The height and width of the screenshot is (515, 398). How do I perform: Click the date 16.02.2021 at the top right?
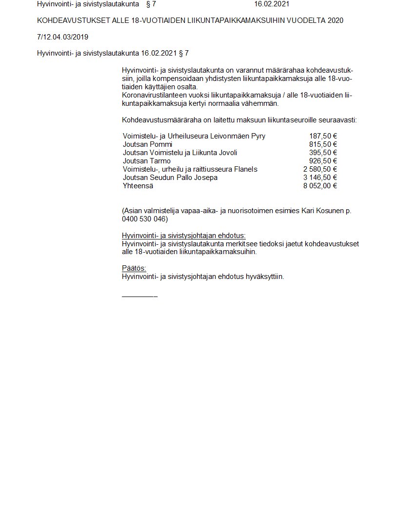pos(272,4)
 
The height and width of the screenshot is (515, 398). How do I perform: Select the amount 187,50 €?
pos(323,137)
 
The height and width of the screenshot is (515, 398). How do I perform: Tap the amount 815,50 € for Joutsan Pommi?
pos(323,145)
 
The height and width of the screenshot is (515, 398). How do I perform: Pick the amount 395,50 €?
pos(323,153)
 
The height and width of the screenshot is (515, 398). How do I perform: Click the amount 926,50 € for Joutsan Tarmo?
pos(323,161)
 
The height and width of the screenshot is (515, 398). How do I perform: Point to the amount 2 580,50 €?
pos(320,169)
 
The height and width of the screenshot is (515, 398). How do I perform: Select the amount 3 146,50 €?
pos(320,178)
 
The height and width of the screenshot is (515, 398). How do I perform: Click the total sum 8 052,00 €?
pos(320,186)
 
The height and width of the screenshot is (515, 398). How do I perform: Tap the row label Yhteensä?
pos(138,186)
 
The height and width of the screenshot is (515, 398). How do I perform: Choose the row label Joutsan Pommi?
pos(147,145)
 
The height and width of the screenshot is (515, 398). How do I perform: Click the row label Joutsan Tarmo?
pos(147,161)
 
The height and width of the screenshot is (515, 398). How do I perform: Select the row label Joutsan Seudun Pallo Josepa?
pos(170,178)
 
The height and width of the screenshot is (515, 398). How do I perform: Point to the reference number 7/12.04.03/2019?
pos(62,37)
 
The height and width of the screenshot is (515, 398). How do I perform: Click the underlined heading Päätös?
pos(134,268)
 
